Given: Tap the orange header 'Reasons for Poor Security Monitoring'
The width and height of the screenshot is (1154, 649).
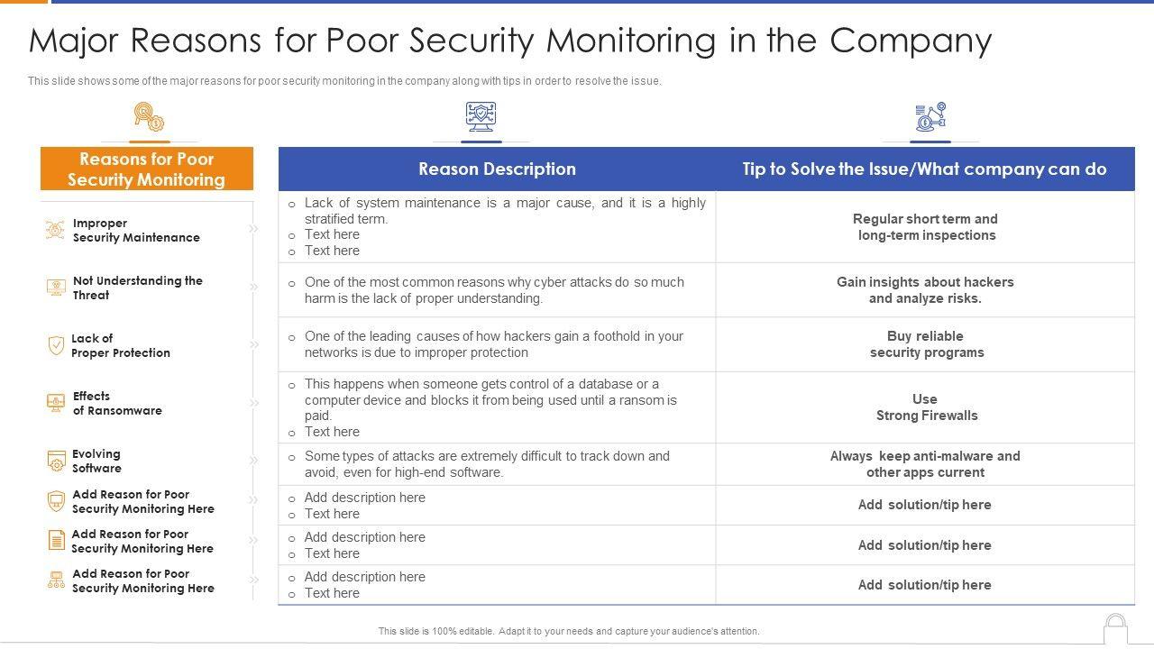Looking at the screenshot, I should tap(146, 169).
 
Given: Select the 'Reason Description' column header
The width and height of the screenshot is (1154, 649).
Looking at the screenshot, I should tap(497, 169).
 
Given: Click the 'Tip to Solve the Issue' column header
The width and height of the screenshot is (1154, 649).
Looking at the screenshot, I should tap(924, 169).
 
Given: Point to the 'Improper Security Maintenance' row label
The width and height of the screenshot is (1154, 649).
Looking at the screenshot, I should tap(135, 231).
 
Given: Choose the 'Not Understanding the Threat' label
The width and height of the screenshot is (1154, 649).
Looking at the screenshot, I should tap(137, 288).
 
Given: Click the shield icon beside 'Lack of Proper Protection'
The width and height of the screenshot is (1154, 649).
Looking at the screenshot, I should tap(56, 345).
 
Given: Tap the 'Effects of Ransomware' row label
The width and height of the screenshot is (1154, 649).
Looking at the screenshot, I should tap(117, 403).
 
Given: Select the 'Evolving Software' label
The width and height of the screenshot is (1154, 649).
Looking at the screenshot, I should tap(96, 461).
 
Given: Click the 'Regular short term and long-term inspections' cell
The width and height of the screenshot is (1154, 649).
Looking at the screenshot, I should tap(925, 227).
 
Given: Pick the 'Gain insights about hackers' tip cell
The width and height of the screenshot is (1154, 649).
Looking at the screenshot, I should tap(925, 290).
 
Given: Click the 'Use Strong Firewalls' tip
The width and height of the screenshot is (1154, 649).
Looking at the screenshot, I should tap(925, 407).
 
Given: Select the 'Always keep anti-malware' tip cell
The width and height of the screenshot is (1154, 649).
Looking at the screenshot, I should tap(925, 464).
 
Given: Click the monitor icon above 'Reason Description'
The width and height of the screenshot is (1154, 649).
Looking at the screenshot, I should tap(481, 117).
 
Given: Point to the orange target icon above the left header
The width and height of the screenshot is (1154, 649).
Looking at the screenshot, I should tap(148, 117).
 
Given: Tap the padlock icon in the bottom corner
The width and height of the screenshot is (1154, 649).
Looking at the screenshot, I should tap(1115, 629).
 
